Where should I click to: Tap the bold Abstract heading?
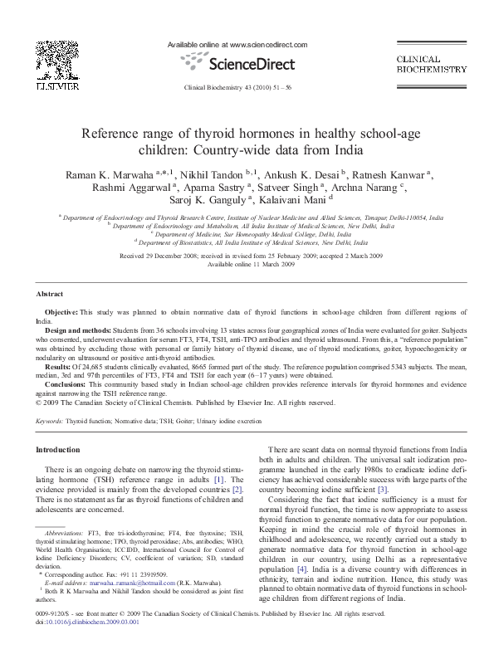pyautogui.click(x=50, y=294)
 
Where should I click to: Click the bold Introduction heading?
pyautogui.click(x=57, y=449)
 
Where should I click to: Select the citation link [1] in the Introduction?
pyautogui.click(x=218, y=480)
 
